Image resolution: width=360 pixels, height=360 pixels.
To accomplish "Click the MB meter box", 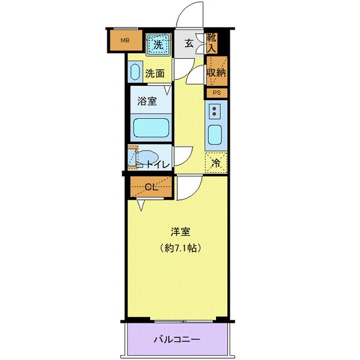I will coord(125,41).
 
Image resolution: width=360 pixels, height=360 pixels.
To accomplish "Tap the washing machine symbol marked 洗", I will coord(158,43).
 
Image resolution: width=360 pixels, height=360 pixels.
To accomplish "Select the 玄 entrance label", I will coord(189,43).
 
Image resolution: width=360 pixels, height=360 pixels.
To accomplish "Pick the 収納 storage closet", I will coord(215,72).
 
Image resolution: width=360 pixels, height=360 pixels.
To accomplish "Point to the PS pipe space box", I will coord(217,93).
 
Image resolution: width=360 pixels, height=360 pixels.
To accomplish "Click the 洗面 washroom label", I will coord(155,74).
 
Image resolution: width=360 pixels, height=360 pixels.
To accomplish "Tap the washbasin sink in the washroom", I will coord(134,73).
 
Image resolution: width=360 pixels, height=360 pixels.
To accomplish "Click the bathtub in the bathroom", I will coord(150,127).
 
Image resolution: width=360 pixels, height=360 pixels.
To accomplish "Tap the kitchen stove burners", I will coord(216,110).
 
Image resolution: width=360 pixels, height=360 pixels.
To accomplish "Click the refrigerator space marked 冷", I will coord(216,161).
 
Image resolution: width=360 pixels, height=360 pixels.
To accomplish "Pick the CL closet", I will coord(151,187).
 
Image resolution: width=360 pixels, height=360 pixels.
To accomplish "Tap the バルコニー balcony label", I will coord(177,339).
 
